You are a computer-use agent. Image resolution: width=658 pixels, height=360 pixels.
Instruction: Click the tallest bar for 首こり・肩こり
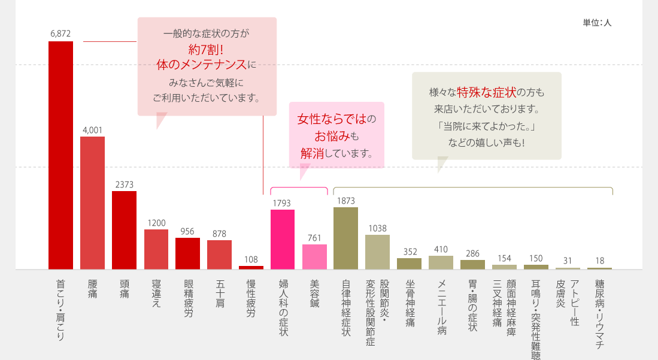click(x=60, y=156)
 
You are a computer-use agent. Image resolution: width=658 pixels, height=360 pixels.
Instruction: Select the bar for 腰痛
click(x=92, y=203)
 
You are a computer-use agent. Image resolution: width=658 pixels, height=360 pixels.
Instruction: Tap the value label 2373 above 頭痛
click(x=125, y=184)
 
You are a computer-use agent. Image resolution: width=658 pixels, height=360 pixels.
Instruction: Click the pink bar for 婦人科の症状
click(x=283, y=240)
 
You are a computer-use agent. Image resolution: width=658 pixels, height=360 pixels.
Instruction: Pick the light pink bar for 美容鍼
click(x=314, y=257)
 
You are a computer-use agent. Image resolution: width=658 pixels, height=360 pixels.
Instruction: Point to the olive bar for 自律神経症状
click(x=346, y=238)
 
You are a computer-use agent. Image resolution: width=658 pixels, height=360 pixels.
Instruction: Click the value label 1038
click(x=378, y=228)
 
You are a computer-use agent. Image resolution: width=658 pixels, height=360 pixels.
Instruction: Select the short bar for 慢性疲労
click(x=251, y=267)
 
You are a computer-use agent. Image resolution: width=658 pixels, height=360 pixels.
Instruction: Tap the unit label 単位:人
click(x=597, y=23)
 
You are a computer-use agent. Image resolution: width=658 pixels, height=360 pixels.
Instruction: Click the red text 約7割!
click(x=206, y=49)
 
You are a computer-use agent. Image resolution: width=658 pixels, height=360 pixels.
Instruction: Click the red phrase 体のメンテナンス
click(x=201, y=64)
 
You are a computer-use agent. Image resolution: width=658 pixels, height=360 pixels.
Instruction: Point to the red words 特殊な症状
click(x=486, y=93)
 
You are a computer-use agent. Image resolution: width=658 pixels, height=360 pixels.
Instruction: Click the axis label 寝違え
click(x=156, y=294)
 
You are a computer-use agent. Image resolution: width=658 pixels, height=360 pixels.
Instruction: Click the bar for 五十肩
click(x=219, y=255)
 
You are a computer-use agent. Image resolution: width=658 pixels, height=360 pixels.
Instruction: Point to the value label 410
click(x=441, y=249)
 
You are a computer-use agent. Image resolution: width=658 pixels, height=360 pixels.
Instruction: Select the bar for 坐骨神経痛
click(x=410, y=264)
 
